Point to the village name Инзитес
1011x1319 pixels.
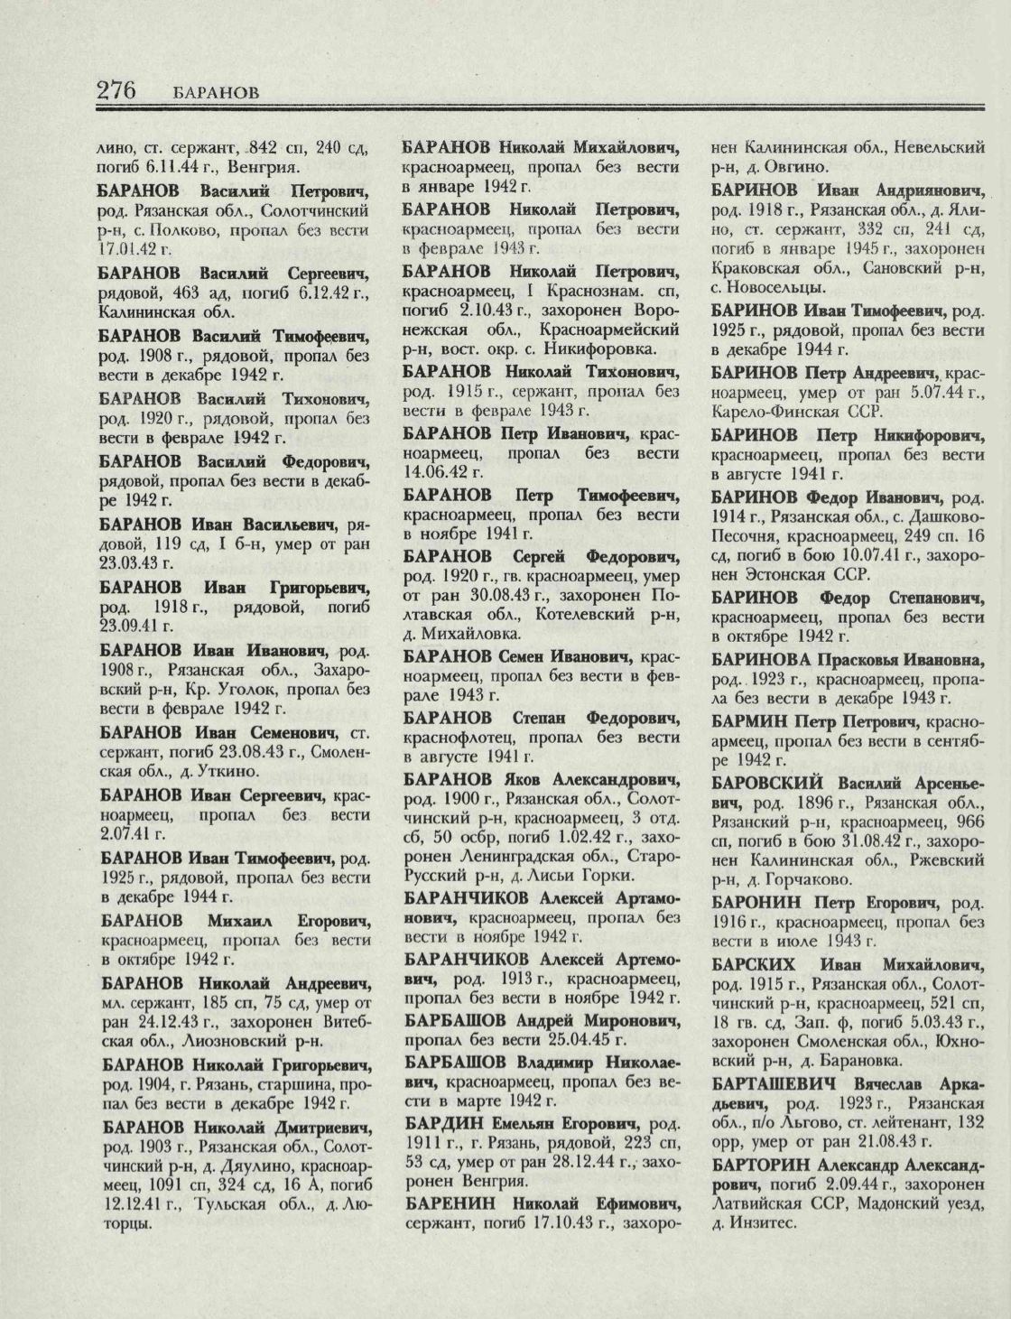765,1224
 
